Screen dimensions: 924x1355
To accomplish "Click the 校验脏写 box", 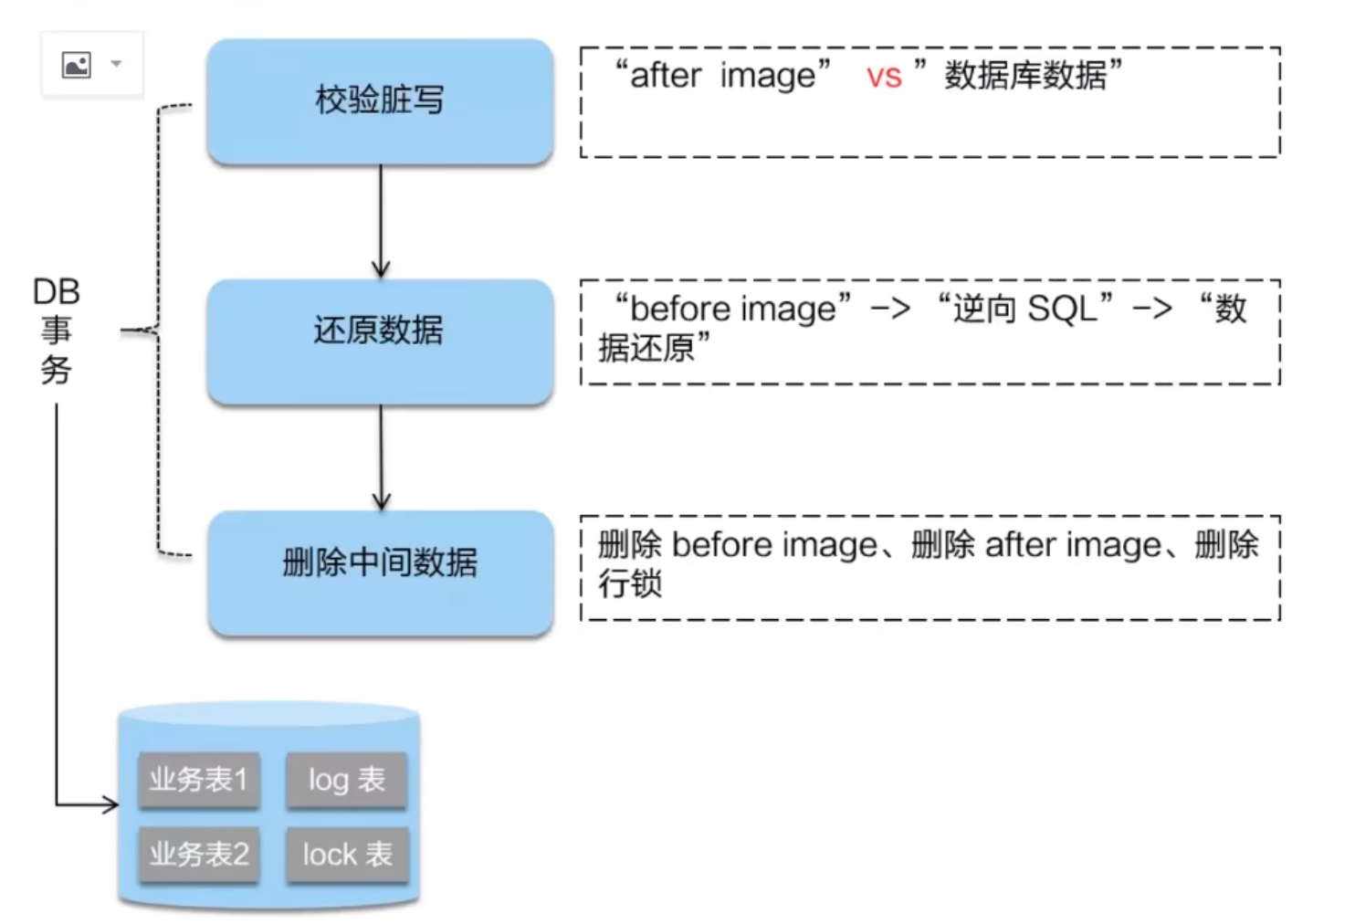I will point(380,100).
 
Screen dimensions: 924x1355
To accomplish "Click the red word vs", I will point(884,77).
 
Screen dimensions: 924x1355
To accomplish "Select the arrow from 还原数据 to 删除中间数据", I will point(381,457).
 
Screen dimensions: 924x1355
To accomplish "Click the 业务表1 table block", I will point(199,780).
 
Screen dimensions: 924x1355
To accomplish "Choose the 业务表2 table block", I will point(199,855).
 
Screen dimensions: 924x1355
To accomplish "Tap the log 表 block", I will point(347,780).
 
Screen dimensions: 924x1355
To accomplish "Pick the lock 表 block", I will point(347,855).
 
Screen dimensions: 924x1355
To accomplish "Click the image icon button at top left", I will point(76,64).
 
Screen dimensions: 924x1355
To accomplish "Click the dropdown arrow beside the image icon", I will point(116,64).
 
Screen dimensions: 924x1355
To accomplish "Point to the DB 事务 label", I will point(57,331).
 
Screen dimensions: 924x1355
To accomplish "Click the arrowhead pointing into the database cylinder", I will point(111,804).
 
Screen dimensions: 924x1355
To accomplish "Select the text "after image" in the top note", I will point(722,76).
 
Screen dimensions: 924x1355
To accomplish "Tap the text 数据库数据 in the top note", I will point(1024,76).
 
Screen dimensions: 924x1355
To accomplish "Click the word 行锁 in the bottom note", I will point(630,583).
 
